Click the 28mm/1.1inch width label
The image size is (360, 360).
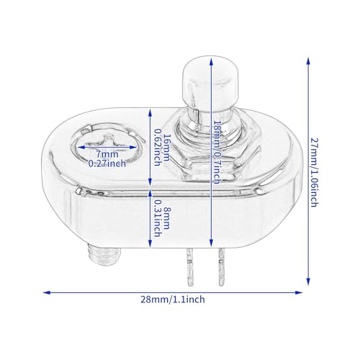click(173, 300)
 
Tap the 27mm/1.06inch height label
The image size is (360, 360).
click(314, 172)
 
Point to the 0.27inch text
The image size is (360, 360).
click(107, 163)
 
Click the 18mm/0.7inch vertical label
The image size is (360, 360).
click(217, 152)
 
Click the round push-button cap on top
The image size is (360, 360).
click(211, 84)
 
